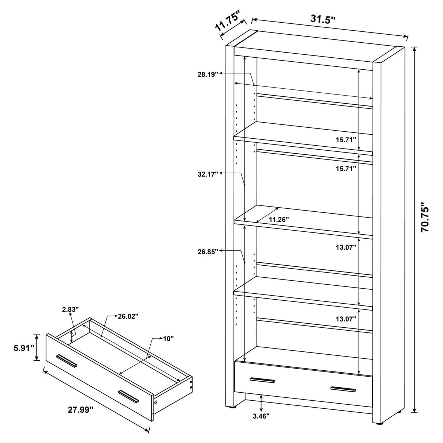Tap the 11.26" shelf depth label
coord(279,219)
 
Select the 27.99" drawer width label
coord(81,410)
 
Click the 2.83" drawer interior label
coord(70,309)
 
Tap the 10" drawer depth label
coord(168,338)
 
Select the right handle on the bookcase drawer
coord(343,389)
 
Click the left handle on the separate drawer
coord(67,360)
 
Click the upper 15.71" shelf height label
coord(346,139)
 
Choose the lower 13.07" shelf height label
coord(346,319)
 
